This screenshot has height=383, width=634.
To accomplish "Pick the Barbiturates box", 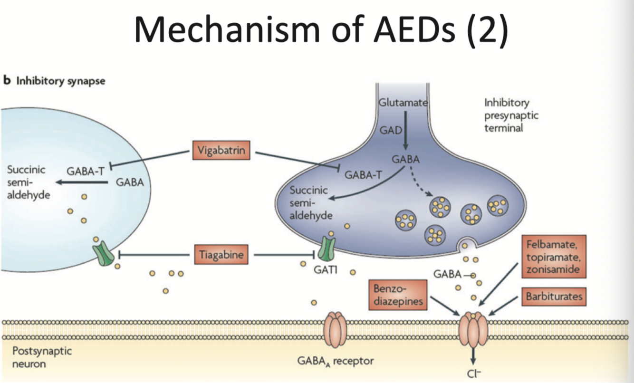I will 554,297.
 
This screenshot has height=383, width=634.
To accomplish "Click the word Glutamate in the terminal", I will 403,102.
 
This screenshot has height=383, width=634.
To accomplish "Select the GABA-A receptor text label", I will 335,361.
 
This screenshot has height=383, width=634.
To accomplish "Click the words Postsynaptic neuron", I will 41,357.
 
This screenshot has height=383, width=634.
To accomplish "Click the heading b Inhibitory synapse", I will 55,81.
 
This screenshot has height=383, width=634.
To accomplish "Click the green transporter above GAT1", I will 327,248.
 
